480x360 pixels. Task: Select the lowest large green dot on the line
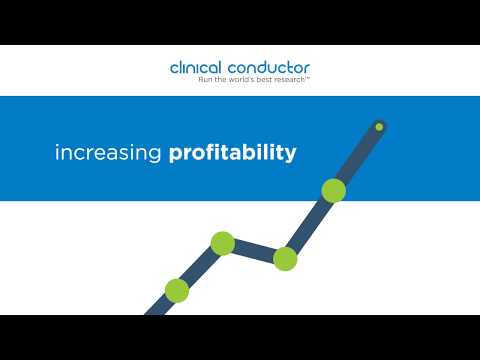point(176,290)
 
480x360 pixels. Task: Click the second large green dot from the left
point(222,243)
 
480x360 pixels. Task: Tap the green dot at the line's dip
point(285,259)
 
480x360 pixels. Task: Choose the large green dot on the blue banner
point(332,190)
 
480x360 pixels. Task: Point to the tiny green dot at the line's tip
point(379,126)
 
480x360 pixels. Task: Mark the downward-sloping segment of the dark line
point(254,251)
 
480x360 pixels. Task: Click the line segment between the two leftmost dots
point(199,267)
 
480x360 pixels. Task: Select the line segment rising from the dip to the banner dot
point(308,225)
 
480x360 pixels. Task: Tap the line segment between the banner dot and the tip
point(356,158)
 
